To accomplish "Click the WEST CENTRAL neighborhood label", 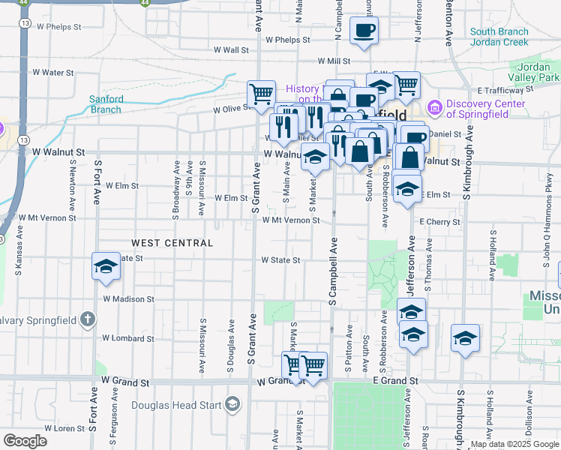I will [x=172, y=243].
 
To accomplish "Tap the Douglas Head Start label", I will [x=176, y=406].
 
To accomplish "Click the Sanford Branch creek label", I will [x=105, y=104].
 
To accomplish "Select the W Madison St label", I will [x=128, y=298].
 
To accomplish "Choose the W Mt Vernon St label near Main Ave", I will [x=291, y=220].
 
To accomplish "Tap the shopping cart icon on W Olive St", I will [x=261, y=94].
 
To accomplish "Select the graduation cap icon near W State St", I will [x=106, y=266].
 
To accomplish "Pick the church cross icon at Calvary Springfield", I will [x=88, y=320].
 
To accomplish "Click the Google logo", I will [x=25, y=441].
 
